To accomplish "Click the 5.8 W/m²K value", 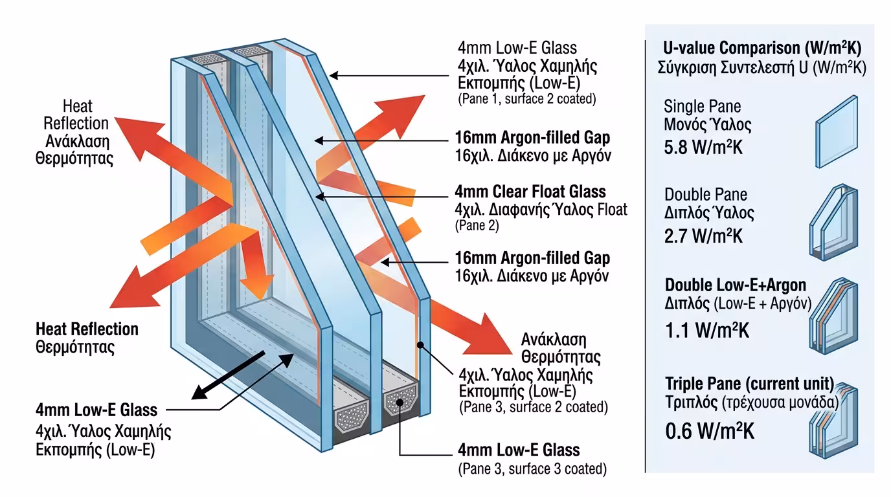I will click(x=704, y=147).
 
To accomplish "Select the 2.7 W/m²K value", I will click(x=704, y=235).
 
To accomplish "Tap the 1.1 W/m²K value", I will click(x=707, y=331).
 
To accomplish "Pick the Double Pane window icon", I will click(x=833, y=221).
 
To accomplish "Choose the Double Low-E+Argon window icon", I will click(x=833, y=317).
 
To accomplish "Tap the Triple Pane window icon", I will click(x=833, y=421).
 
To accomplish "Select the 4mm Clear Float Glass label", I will click(x=531, y=192).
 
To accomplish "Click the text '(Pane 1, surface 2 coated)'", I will click(x=526, y=99).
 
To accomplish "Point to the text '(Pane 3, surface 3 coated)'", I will click(x=532, y=469).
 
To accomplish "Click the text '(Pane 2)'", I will click(x=478, y=226).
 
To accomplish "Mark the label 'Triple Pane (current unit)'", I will click(x=750, y=382).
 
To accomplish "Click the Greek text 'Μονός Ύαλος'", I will click(x=708, y=124).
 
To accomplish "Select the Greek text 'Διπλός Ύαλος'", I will click(x=709, y=212).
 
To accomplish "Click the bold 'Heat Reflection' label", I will click(x=87, y=329).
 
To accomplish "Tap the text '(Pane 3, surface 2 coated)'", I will click(x=533, y=408).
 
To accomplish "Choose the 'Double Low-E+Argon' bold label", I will click(x=736, y=285).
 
